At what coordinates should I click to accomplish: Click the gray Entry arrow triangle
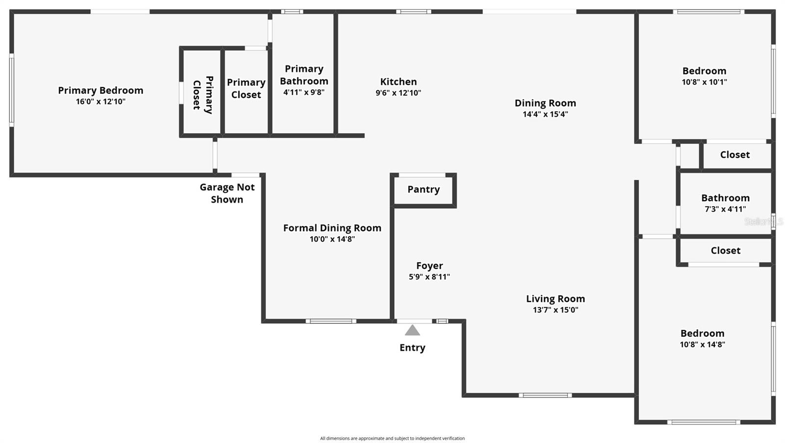click(x=412, y=330)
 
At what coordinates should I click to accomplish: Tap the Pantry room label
click(x=423, y=190)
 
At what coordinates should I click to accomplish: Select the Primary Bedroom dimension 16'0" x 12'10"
click(x=101, y=102)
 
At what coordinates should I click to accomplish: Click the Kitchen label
click(x=398, y=82)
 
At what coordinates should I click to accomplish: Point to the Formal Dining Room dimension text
click(x=332, y=239)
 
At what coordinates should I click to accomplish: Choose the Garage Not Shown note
click(x=227, y=193)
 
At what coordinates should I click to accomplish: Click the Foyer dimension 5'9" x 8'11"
click(x=429, y=277)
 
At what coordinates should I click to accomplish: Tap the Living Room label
click(x=555, y=299)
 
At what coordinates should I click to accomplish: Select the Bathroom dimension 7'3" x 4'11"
click(x=725, y=209)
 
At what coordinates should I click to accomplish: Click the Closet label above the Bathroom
click(x=734, y=155)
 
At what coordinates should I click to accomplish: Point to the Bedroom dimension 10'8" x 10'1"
click(x=704, y=82)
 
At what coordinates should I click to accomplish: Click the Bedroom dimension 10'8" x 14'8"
click(x=702, y=345)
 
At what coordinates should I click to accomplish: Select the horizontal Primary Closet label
click(x=246, y=89)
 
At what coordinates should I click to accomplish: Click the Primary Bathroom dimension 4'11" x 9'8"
click(x=304, y=92)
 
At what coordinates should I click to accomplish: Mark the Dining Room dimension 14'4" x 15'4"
click(x=545, y=115)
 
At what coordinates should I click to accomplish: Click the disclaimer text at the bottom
click(x=392, y=439)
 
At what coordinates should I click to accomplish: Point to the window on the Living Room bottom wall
click(x=545, y=395)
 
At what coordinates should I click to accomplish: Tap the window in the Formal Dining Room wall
click(x=331, y=321)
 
